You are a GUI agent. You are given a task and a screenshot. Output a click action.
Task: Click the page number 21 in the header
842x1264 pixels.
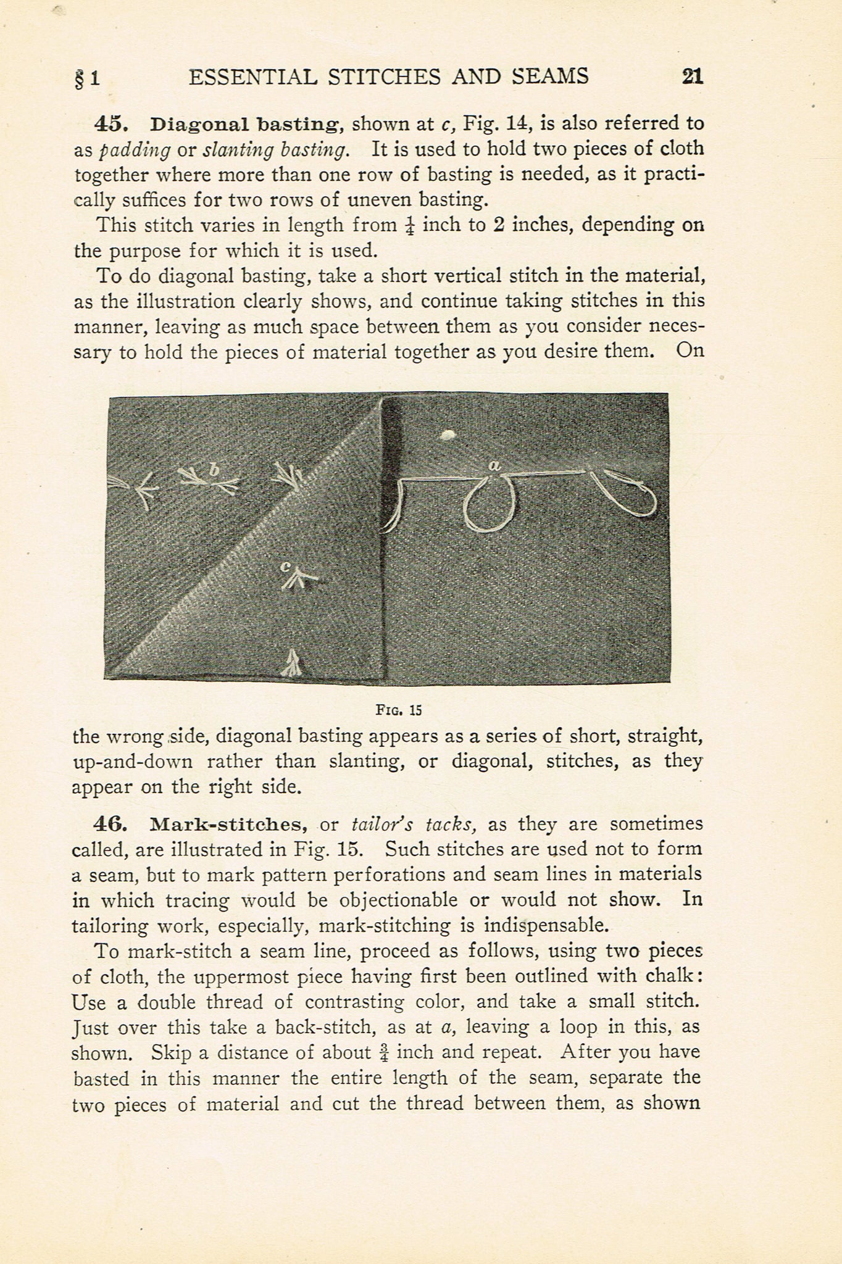pyautogui.click(x=692, y=77)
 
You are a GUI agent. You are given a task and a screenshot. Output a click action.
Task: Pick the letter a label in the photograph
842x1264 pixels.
pyautogui.click(x=494, y=466)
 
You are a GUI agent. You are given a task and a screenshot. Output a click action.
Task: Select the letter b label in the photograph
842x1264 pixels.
pyautogui.click(x=214, y=470)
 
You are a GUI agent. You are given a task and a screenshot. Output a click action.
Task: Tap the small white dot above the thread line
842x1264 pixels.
pyautogui.click(x=447, y=435)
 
